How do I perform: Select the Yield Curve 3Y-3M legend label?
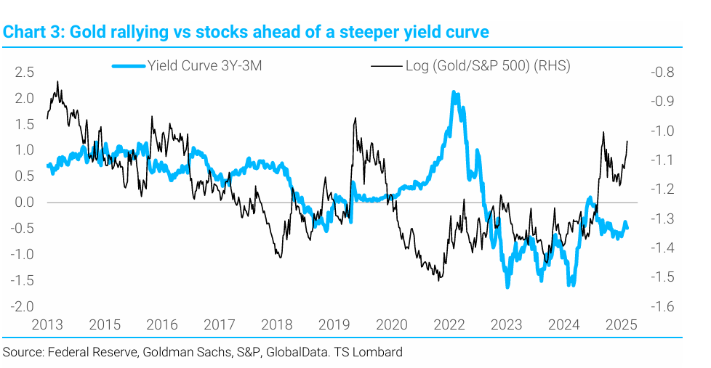pos(204,66)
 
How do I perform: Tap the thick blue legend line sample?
pos(129,67)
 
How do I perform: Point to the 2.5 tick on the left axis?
pos(25,72)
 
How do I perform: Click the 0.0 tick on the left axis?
pos(25,203)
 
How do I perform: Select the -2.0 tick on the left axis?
pos(24,306)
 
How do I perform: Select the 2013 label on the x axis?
pos(47,324)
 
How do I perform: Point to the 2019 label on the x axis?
pos(334,324)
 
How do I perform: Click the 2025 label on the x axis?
pos(622,324)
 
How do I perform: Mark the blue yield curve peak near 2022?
pos(454,93)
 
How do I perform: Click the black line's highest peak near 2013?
pos(57,82)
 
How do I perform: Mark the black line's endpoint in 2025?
pos(627,141)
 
